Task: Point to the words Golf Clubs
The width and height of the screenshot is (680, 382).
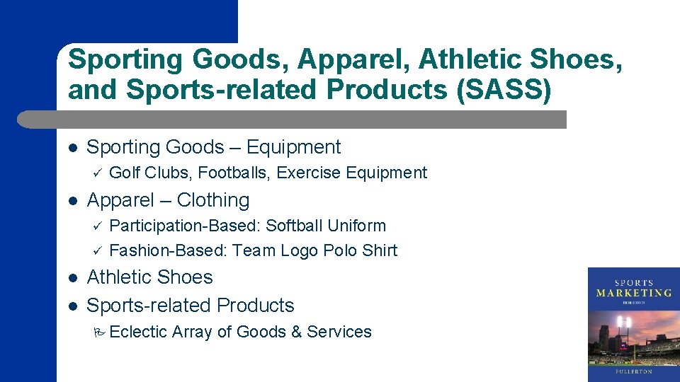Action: [x=151, y=173]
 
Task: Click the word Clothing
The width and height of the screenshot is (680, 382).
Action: [x=213, y=200]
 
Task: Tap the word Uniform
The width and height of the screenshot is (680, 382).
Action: [x=361, y=226]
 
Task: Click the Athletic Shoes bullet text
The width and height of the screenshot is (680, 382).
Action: [x=149, y=277]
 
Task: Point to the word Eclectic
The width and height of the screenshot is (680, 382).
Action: [x=139, y=332]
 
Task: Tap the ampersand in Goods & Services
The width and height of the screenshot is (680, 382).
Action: [x=295, y=332]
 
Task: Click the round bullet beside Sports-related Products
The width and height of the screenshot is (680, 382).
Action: [x=72, y=306]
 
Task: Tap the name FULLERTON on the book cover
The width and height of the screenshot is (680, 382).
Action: [x=633, y=370]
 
